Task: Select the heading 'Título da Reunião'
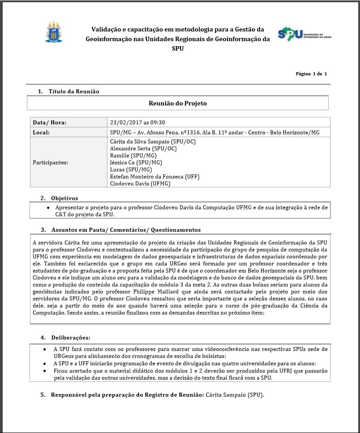point(74,91)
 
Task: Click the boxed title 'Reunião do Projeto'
point(178,103)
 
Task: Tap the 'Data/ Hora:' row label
point(49,122)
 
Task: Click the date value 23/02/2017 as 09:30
point(137,122)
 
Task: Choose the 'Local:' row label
point(41,133)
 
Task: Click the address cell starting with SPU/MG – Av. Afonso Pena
point(214,133)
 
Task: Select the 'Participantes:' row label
point(51,162)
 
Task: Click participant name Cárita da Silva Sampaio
point(153,142)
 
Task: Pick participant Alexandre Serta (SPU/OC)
point(143,148)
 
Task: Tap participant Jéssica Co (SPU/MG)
point(136,162)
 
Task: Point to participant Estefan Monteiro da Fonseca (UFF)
point(154,177)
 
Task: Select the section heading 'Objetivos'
point(64,198)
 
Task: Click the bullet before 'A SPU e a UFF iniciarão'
point(44,364)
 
